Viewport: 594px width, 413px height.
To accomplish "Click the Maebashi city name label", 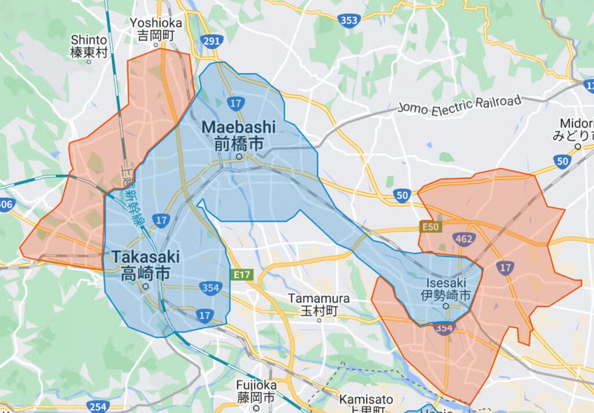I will click(x=238, y=127).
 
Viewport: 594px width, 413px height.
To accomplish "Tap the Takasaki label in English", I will click(x=146, y=257).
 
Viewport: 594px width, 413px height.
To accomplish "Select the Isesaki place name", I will click(x=446, y=283).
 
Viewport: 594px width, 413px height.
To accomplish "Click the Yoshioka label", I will click(x=156, y=23).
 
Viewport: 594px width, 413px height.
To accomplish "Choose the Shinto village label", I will click(x=89, y=40).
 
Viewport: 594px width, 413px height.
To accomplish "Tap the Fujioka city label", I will click(x=256, y=385).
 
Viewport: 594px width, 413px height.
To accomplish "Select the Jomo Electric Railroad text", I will click(x=459, y=106).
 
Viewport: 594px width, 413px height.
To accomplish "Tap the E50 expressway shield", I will click(x=430, y=227).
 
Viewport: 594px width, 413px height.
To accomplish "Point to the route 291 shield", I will click(x=211, y=42).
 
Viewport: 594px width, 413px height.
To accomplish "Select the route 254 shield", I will click(x=99, y=407).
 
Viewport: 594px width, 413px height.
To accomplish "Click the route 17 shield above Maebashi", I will click(x=235, y=104).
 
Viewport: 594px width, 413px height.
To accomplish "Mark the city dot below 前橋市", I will click(x=238, y=156).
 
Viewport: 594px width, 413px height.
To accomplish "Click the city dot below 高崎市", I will click(x=146, y=286).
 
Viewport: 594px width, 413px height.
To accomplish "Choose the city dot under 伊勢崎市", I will click(x=446, y=306).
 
